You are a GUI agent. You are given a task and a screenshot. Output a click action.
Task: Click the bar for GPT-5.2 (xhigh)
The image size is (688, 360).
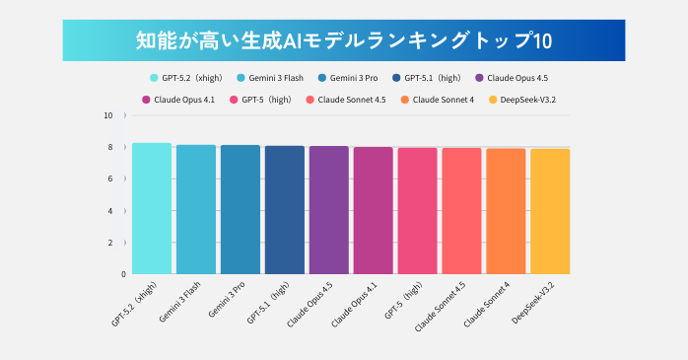[x=151, y=209]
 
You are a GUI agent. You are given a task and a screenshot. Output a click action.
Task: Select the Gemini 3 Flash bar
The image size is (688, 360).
[x=195, y=210]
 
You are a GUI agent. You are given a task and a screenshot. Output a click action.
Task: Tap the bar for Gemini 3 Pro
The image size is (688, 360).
[x=240, y=210]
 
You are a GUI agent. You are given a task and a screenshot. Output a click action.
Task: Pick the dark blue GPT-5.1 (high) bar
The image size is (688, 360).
[x=284, y=210]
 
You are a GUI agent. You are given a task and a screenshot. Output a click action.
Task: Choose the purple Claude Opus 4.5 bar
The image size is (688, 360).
[x=328, y=210]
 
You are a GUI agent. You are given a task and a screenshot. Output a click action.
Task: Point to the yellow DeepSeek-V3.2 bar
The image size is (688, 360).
[x=550, y=211]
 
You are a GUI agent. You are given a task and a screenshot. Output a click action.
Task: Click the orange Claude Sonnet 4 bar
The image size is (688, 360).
[x=506, y=211]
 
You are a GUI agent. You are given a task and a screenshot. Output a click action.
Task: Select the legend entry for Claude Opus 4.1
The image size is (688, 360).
[x=182, y=100]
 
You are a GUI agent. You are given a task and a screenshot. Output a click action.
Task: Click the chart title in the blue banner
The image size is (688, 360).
[x=344, y=40]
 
